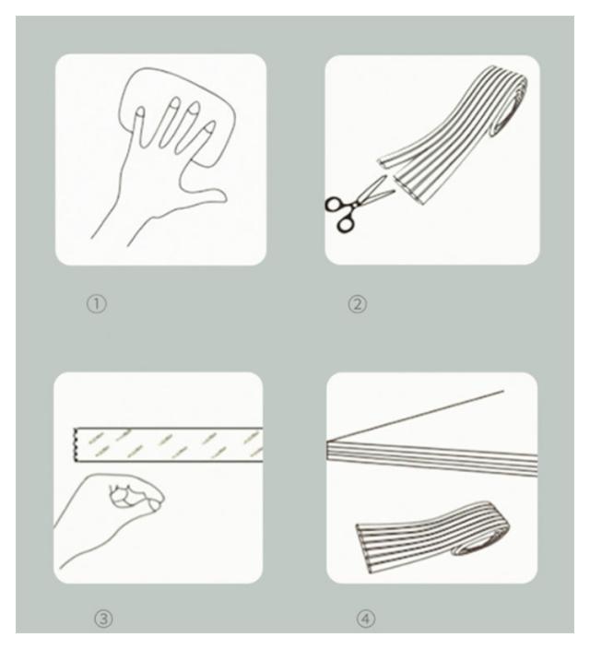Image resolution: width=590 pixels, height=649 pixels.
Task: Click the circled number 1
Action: [x=97, y=304]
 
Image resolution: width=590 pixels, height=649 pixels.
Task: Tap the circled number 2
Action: [x=357, y=304]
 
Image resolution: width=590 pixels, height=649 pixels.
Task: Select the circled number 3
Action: [x=103, y=619]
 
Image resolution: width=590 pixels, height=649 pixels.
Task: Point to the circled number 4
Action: [x=366, y=619]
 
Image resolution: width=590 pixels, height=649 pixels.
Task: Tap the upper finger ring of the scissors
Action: [x=334, y=204]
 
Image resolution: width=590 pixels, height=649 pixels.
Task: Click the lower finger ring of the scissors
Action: [x=346, y=223]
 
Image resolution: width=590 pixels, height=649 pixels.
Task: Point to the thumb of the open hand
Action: [x=207, y=197]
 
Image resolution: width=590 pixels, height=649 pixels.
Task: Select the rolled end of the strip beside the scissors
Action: [x=510, y=108]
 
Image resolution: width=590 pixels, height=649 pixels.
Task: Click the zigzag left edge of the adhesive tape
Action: [x=75, y=444]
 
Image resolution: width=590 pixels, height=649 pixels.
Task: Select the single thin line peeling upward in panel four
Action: [x=415, y=416]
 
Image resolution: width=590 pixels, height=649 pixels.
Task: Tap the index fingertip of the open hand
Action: [x=209, y=126]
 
